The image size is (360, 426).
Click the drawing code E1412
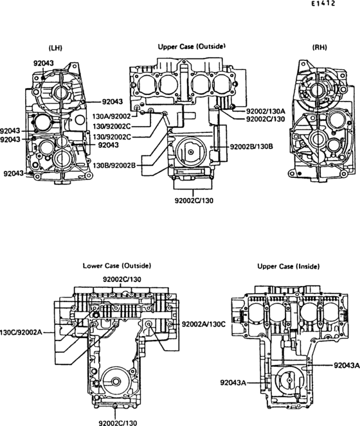click(x=323, y=3)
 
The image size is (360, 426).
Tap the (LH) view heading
click(x=55, y=48)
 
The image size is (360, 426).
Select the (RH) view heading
click(x=319, y=48)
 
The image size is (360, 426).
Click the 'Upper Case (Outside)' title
click(x=192, y=46)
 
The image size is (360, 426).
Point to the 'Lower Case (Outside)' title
click(x=116, y=265)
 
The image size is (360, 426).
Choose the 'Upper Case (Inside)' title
click(x=289, y=266)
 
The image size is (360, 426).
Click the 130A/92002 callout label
click(x=112, y=116)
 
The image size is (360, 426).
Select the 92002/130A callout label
click(x=265, y=111)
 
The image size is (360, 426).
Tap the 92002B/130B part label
click(x=251, y=146)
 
